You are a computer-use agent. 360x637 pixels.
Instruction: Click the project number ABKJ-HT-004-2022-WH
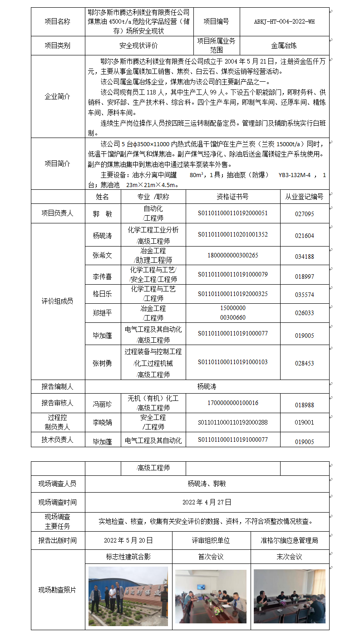[x=284, y=21]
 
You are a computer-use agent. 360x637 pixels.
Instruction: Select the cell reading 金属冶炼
[x=284, y=46]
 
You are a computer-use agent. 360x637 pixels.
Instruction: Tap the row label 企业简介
[x=58, y=96]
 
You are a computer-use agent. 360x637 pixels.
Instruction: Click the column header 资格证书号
[x=233, y=197]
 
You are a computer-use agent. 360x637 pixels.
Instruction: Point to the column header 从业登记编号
[x=304, y=197]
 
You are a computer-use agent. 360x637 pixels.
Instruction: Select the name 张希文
[x=103, y=256]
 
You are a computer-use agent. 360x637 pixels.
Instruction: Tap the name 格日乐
[x=103, y=294]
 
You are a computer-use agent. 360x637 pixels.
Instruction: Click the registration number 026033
[x=304, y=313]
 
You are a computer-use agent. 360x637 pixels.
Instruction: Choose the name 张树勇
[x=103, y=363]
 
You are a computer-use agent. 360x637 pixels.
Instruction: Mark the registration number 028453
[x=304, y=363]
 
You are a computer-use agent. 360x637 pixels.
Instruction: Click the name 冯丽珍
[x=103, y=403]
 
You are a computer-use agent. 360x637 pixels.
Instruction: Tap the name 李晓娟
[x=103, y=422]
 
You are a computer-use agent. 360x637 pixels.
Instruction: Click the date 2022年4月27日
[x=207, y=502]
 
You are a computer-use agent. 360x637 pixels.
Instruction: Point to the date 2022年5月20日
[x=128, y=541]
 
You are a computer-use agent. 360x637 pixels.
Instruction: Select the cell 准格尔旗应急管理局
[x=290, y=541]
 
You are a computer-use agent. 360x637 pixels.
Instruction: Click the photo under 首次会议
[x=211, y=596]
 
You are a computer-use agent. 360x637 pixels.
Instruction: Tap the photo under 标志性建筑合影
[x=128, y=596]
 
